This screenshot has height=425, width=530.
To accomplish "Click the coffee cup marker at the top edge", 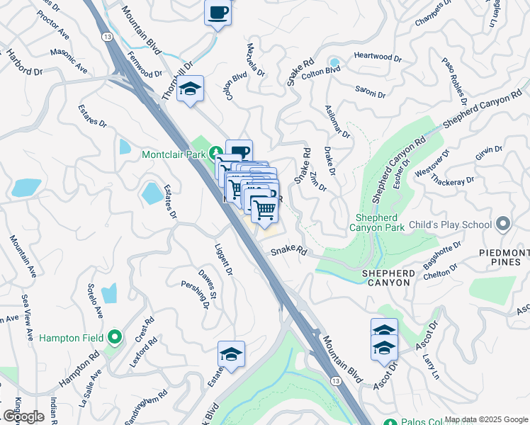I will pyautogui.click(x=218, y=12).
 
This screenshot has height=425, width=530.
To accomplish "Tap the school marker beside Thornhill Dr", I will pyautogui.click(x=190, y=89).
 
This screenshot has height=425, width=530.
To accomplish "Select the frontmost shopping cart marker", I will pyautogui.click(x=265, y=209).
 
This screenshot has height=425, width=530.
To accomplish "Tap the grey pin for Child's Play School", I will pyautogui.click(x=504, y=225).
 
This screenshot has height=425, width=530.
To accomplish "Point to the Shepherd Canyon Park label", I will pyautogui.click(x=376, y=222).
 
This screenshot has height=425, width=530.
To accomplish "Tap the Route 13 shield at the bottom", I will pyautogui.click(x=336, y=381).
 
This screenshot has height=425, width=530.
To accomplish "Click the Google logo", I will pyautogui.click(x=23, y=416).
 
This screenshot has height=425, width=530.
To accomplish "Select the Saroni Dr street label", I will pyautogui.click(x=371, y=93).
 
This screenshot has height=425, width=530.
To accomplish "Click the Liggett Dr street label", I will pyautogui.click(x=223, y=260).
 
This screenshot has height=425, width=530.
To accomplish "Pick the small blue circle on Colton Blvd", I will pyautogui.click(x=334, y=63).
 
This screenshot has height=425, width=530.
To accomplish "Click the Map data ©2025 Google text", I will pyautogui.click(x=486, y=419).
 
